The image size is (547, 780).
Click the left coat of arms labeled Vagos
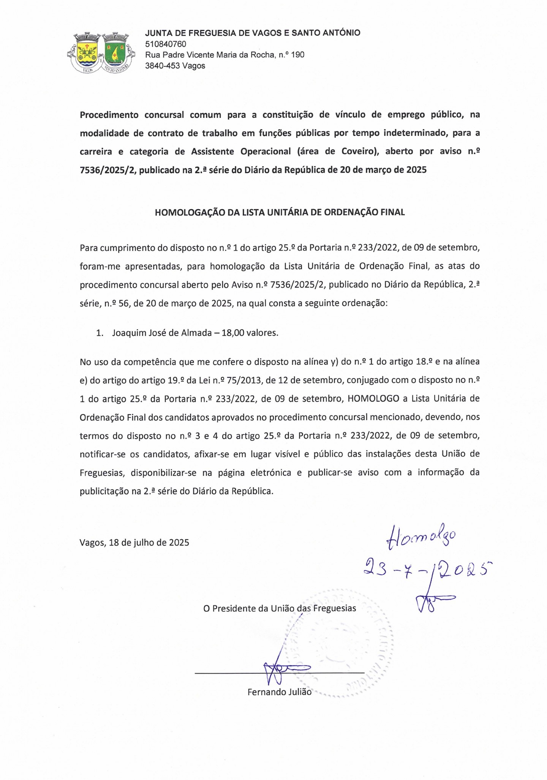pos(88,52)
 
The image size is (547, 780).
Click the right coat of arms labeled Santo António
pos(115,52)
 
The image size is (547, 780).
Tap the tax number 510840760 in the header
pos(166,44)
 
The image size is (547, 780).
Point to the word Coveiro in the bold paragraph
pos(357,152)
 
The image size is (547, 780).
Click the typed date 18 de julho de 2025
pos(149,542)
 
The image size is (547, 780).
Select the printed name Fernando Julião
pos(279,692)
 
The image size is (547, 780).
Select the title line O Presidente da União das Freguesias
pos(280,608)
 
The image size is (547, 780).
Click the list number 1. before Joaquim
pos(100,333)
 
